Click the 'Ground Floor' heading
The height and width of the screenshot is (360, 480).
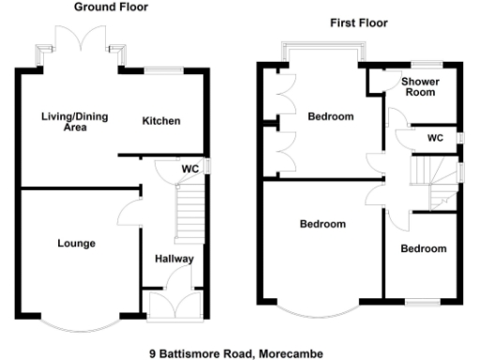(x=112, y=7)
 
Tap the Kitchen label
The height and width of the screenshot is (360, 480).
(x=161, y=121)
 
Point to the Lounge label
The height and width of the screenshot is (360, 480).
(x=76, y=244)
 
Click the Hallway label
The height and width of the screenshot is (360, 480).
(x=174, y=260)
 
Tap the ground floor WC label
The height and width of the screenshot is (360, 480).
(x=189, y=169)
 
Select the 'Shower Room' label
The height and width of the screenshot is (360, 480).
(x=421, y=88)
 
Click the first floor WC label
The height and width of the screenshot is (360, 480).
(x=435, y=138)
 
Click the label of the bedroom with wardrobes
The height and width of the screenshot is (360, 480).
(x=330, y=117)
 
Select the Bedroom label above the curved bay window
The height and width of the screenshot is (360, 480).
(x=322, y=224)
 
